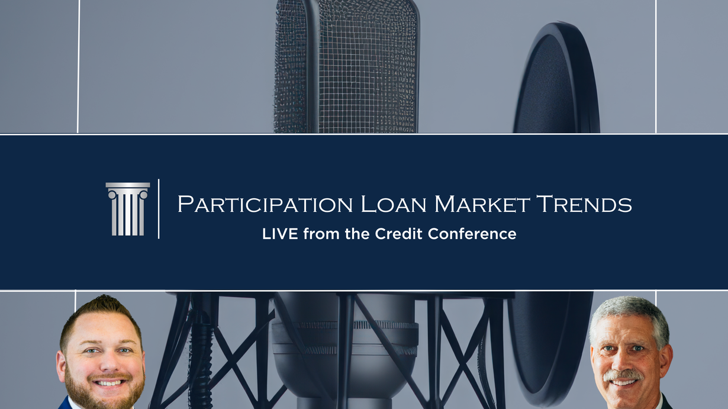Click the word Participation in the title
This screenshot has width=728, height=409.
click(x=265, y=204)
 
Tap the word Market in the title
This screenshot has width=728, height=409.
click(x=482, y=204)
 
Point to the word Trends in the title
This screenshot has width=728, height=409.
click(x=584, y=204)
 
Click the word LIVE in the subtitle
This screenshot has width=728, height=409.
click(x=280, y=234)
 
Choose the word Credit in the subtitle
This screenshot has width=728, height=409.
click(x=398, y=234)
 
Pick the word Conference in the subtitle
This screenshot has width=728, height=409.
click(x=472, y=234)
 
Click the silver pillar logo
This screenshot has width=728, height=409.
click(x=128, y=209)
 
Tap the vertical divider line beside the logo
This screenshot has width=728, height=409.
click(x=159, y=209)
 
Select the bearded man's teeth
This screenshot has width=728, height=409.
click(x=109, y=383)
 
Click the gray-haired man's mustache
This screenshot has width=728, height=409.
click(x=623, y=375)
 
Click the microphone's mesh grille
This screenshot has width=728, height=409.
click(x=346, y=67)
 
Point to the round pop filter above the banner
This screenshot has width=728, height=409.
click(x=556, y=78)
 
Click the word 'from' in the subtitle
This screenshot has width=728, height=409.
click(x=321, y=234)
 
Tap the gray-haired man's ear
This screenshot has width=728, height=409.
click(x=667, y=361)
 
